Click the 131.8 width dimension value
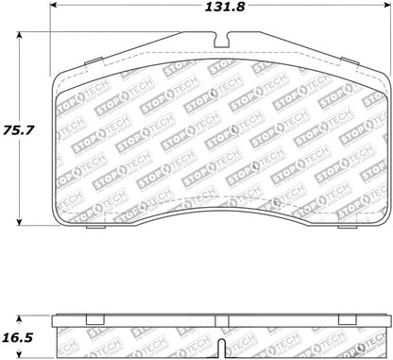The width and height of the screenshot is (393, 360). click(x=219, y=10)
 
